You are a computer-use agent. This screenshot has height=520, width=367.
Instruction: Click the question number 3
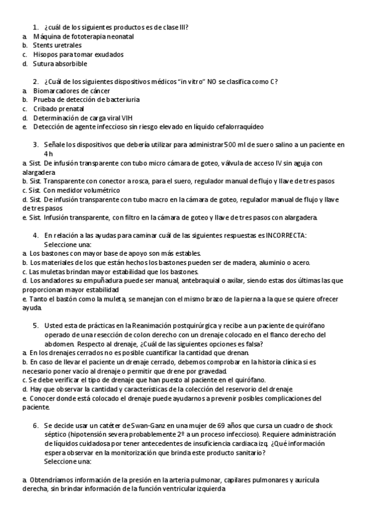point(36,145)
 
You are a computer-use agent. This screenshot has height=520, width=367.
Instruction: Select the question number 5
point(36,326)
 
